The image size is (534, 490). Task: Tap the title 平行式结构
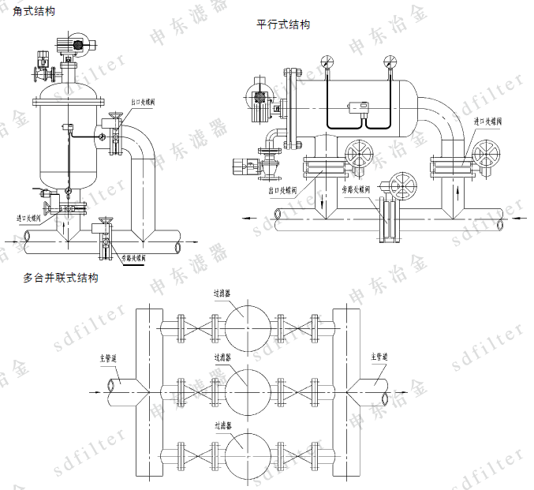click(x=283, y=24)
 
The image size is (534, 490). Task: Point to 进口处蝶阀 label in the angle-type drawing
click(x=28, y=217)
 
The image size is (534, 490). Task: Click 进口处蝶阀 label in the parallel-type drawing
click(x=487, y=122)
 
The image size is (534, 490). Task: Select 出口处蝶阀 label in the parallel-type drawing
click(x=282, y=189)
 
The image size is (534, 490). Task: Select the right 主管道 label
click(x=380, y=357)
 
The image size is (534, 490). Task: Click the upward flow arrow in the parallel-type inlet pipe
click(x=460, y=192)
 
